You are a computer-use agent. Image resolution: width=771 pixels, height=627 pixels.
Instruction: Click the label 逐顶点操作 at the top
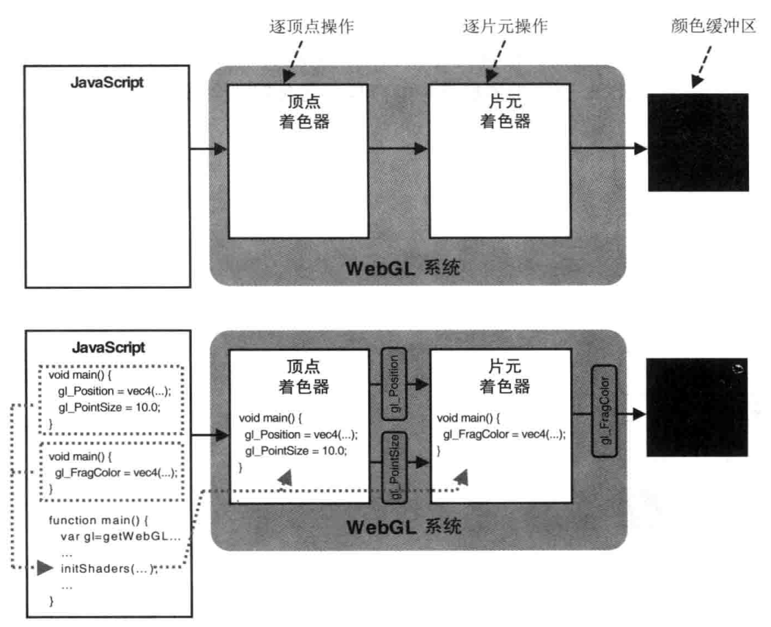pos(311,26)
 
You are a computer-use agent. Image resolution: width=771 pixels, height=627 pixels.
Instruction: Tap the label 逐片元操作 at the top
pos(506,26)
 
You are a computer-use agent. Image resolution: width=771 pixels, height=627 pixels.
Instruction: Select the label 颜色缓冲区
pos(714,26)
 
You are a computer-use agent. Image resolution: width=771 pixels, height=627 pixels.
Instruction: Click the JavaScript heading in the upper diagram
pos(107,82)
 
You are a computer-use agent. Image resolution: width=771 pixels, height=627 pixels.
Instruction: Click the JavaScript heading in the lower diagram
pos(108,348)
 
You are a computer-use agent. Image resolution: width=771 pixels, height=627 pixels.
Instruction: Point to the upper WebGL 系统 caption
pos(402,268)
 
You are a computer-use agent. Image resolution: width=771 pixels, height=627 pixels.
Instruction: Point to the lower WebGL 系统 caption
pos(404,527)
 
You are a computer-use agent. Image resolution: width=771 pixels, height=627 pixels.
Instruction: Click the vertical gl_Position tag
pos(394,384)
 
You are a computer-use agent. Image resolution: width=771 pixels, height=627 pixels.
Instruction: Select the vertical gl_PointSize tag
pos(394,466)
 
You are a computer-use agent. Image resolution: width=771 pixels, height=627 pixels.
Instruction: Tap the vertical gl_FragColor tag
pos(605,411)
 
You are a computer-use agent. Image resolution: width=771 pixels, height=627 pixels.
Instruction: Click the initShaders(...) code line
pos(108,568)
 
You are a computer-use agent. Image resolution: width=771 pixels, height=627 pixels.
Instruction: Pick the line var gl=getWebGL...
pos(120,536)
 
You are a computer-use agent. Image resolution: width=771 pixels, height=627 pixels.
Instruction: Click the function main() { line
pos(98,520)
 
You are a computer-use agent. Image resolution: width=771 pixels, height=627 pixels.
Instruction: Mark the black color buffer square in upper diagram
pos(698,142)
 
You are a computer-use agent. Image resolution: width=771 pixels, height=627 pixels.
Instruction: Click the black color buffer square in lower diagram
pos(697,408)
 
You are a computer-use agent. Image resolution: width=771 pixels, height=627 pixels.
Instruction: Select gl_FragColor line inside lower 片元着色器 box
pos(504,434)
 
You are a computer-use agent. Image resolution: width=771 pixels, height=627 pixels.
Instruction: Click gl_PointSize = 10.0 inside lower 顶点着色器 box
pos(296,450)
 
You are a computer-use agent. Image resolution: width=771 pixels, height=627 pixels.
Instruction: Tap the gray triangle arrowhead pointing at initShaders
pos(45,568)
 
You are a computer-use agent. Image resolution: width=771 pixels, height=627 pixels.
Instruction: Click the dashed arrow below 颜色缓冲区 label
pos(702,67)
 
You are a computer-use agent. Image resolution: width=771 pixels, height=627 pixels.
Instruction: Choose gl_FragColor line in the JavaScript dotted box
pos(116,472)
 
